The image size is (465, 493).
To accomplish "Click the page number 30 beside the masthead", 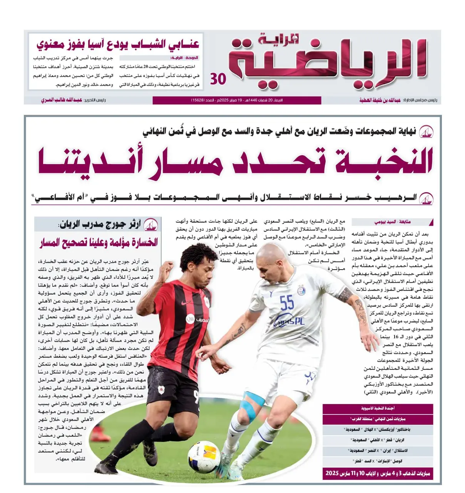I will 218,79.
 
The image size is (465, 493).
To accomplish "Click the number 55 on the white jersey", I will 287,303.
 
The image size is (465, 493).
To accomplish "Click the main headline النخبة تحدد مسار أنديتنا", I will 235,162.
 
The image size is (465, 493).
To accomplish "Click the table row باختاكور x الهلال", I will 378,429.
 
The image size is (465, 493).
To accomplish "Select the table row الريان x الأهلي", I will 378,440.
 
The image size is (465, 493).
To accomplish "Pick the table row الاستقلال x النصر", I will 378,450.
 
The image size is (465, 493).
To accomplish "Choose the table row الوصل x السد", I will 378,461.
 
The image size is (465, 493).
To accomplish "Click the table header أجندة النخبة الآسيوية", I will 378,408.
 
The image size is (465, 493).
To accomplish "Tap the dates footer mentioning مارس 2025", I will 378,473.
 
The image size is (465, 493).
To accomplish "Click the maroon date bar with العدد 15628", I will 237,100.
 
